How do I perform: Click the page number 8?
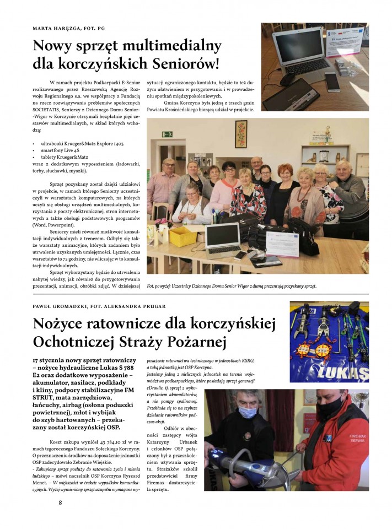point(60,502)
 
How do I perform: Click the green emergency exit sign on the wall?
point(167,134)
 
